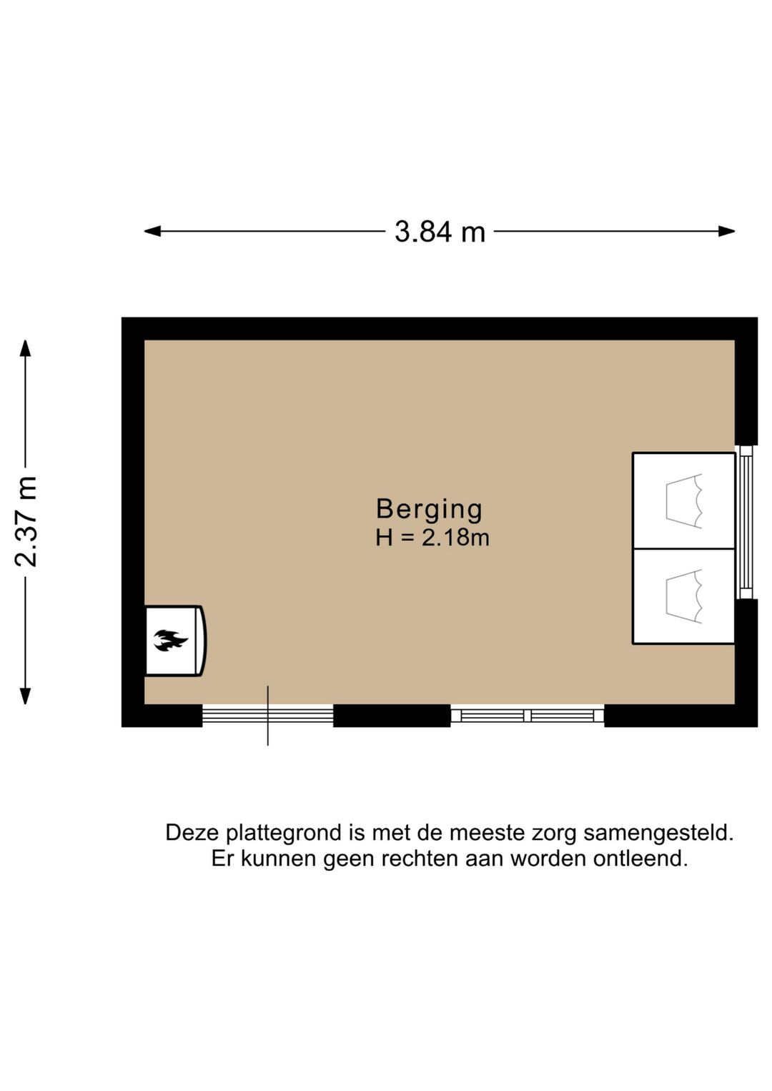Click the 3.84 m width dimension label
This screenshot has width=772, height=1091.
point(440,232)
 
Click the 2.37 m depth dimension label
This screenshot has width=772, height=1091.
point(26,521)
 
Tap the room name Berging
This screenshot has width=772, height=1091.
point(430,509)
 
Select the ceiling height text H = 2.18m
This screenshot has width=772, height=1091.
point(432,538)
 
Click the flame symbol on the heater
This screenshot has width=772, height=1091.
point(170,640)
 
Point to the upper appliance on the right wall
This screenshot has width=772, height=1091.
point(684,500)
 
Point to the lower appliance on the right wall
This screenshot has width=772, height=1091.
point(684,596)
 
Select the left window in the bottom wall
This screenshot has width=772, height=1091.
point(267,715)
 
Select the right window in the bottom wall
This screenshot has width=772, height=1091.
point(528,715)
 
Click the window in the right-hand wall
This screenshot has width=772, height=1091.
point(746,522)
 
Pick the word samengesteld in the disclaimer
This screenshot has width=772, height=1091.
point(658,833)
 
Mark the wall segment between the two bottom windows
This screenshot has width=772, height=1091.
point(392,715)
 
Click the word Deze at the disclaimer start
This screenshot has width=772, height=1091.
point(192,833)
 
